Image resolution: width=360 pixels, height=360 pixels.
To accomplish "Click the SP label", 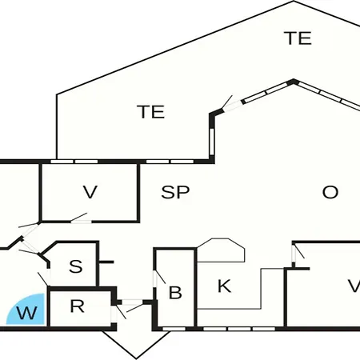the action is tap(175, 192).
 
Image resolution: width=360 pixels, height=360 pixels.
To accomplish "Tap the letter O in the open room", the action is tap(330, 192).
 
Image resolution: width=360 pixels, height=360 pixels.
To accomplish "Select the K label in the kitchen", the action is tap(224, 286).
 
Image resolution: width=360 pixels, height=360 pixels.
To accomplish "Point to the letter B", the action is tap(175, 293).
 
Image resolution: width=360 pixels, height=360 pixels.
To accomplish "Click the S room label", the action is tap(76, 266).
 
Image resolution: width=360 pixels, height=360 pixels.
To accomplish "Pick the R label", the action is tap(77, 306).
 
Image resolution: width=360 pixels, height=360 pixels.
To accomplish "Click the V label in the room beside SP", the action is tap(90, 192).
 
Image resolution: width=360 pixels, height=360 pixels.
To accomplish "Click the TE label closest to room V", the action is tap(151, 112).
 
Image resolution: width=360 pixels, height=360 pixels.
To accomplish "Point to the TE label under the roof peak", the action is tap(298, 38).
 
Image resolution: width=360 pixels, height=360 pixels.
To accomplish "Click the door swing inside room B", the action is tap(159, 278).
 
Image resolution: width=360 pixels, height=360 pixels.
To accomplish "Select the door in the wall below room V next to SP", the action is tap(79, 218).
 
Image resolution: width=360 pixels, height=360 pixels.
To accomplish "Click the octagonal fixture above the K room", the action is tap(221, 250).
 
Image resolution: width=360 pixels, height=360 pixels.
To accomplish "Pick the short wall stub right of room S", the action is tap(106, 262).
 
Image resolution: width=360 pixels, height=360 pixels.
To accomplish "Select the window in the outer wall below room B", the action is tap(174, 329).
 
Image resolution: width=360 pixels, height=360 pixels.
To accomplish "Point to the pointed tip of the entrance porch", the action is tap(136, 358).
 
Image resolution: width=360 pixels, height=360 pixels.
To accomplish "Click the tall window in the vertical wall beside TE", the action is tap(212, 142).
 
